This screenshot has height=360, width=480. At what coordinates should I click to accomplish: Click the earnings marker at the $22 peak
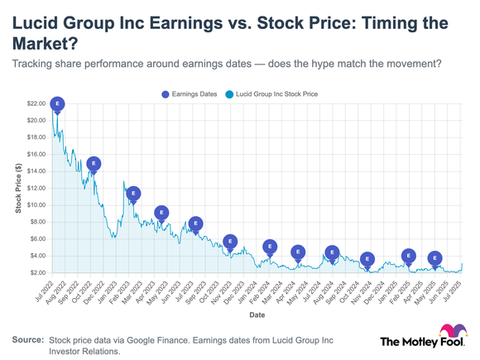57,104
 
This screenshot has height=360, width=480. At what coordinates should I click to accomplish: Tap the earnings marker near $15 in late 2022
94,164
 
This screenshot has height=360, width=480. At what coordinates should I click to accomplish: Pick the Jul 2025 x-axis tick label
452,290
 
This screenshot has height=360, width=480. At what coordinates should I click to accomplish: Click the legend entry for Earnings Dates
189,94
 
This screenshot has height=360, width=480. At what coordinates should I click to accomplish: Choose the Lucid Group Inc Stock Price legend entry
271,94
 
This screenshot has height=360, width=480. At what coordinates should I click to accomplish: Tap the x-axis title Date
257,314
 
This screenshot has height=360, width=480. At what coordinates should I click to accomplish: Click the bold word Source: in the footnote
27,340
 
